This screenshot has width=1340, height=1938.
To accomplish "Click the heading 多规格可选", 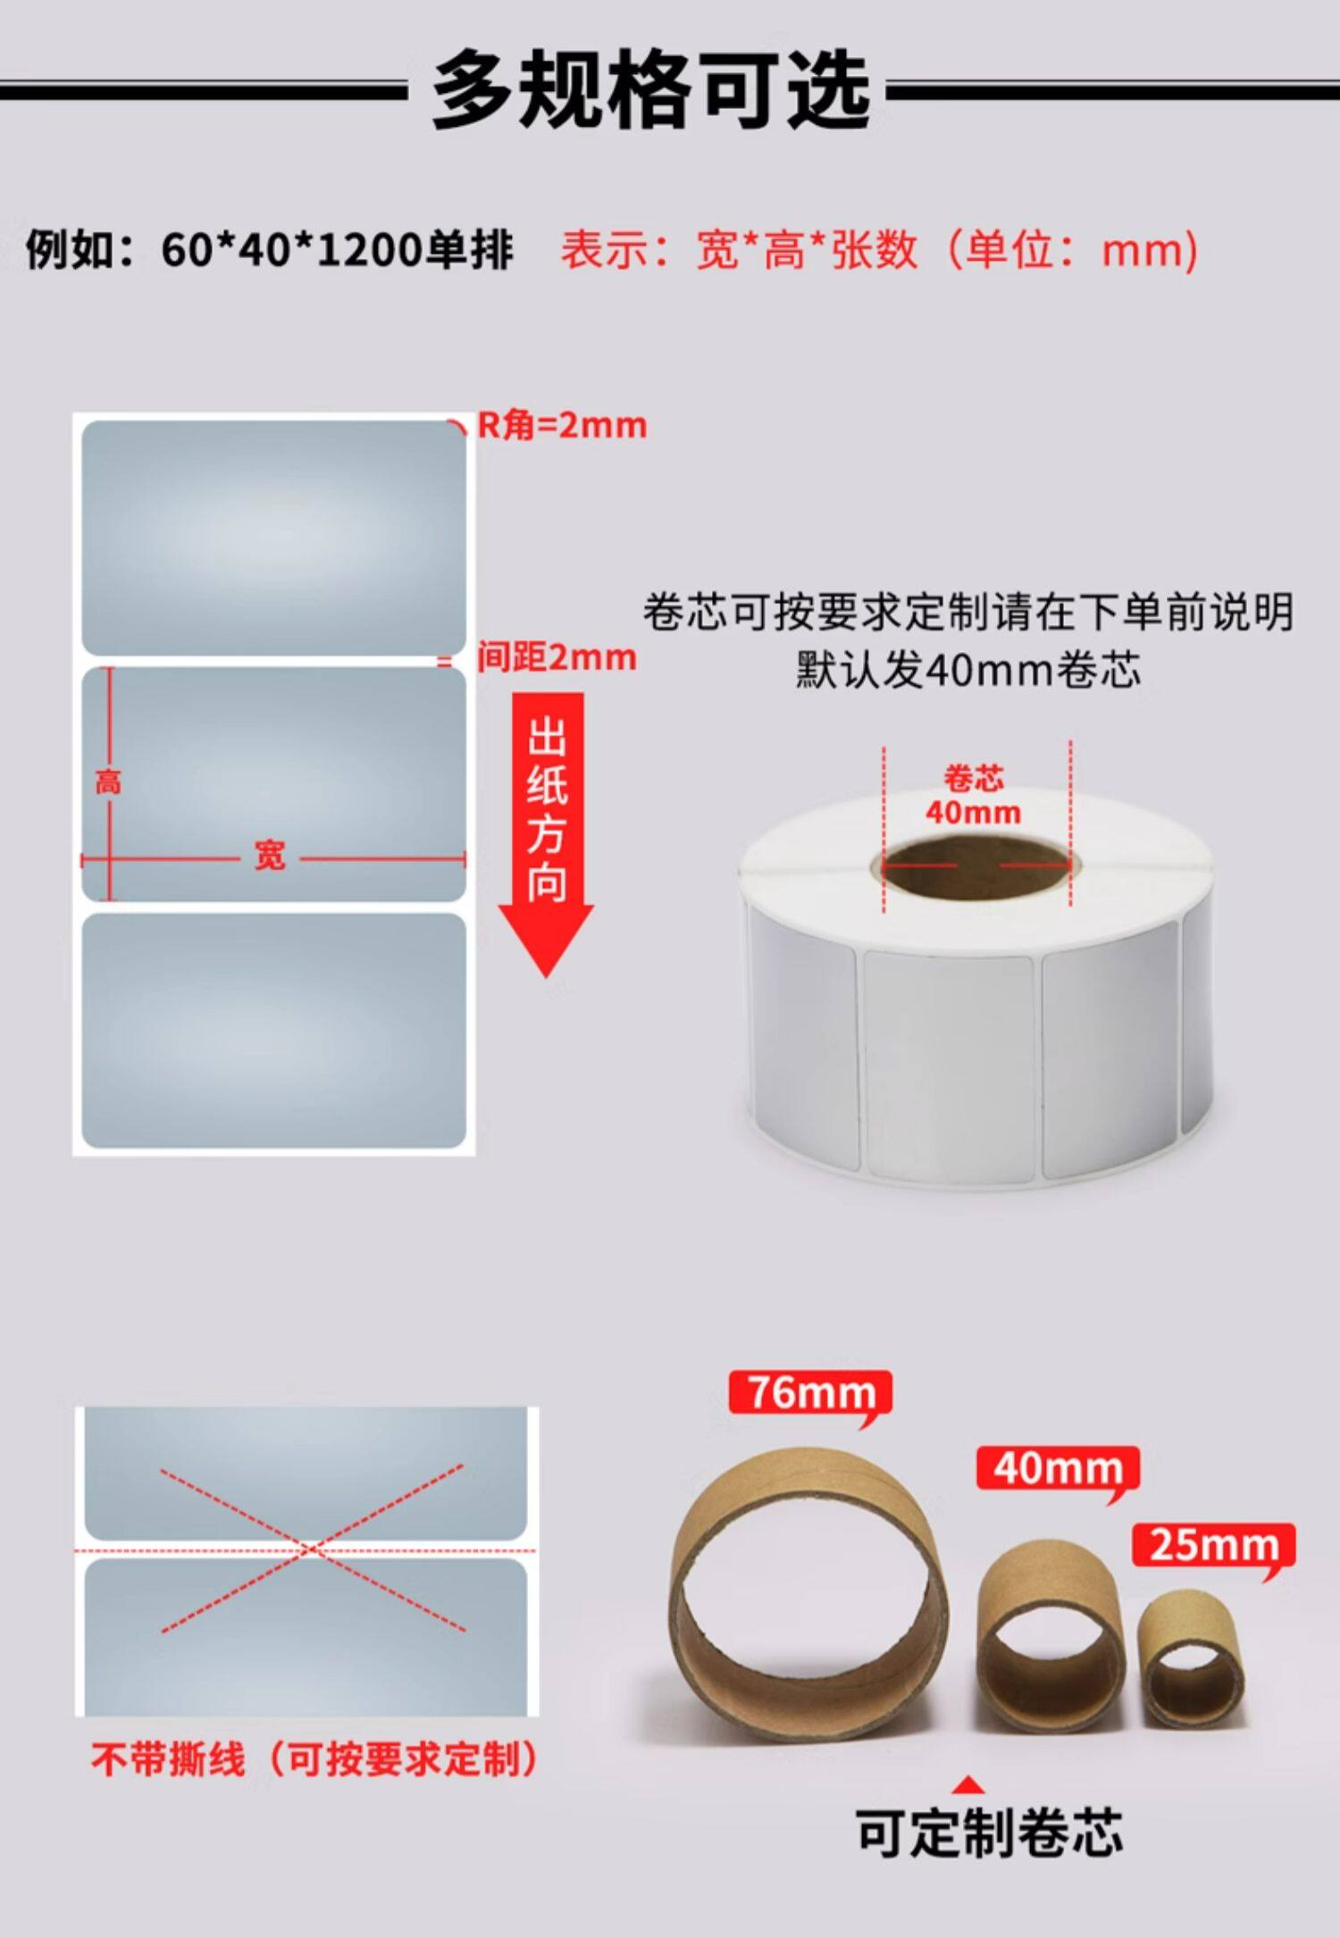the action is pyautogui.click(x=651, y=90).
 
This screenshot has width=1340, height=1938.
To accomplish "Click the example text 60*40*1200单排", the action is pyautogui.click(x=337, y=250).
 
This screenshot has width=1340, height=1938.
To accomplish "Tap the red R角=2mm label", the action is pyautogui.click(x=562, y=425).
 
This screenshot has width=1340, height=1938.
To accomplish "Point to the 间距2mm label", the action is pyautogui.click(x=557, y=657).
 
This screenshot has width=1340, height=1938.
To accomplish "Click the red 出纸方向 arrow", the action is pyautogui.click(x=546, y=835).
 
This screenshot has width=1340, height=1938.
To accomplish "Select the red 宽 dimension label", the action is pyautogui.click(x=270, y=856).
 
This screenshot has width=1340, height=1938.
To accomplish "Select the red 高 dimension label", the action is pyautogui.click(x=108, y=783).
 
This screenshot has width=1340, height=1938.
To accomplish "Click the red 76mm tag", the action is pyautogui.click(x=811, y=1393).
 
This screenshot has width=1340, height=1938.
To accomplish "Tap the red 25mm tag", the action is pyautogui.click(x=1213, y=1546).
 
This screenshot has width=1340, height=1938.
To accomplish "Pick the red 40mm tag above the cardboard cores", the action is pyautogui.click(x=1058, y=1469).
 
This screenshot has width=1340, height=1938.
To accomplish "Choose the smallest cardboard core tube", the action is pyautogui.click(x=1190, y=1659).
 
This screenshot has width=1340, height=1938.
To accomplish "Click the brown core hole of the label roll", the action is pyautogui.click(x=976, y=864).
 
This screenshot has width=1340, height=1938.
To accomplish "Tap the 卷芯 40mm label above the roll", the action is pyautogui.click(x=973, y=796).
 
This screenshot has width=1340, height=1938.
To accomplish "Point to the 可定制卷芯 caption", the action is pyautogui.click(x=989, y=1833).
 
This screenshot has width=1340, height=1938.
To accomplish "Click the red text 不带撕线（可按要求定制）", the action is pyautogui.click(x=315, y=1758).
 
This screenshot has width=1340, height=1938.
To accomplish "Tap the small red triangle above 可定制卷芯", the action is pyautogui.click(x=968, y=1785).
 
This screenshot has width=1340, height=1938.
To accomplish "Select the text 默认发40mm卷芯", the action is pyautogui.click(x=968, y=670).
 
